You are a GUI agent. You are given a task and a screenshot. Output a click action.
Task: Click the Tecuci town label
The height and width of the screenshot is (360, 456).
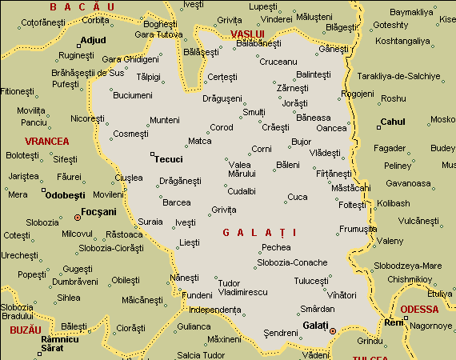[x=169, y=158]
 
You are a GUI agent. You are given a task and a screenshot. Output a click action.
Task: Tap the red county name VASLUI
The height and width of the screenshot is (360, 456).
[x=246, y=34]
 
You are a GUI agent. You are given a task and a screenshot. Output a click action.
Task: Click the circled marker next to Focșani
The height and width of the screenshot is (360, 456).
[x=78, y=217]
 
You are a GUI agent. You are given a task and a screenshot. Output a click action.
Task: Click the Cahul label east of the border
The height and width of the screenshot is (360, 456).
[x=393, y=122]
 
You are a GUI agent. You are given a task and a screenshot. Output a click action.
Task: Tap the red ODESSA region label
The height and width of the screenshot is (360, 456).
[x=419, y=309]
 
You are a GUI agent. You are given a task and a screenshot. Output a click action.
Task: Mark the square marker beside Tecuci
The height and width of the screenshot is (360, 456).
[x=152, y=154]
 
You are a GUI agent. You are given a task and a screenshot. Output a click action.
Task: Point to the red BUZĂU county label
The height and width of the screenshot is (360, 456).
[x=25, y=330]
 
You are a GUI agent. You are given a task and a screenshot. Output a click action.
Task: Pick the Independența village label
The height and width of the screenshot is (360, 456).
[x=214, y=309]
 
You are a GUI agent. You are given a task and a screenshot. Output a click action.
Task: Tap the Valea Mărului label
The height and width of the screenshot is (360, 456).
[x=241, y=169]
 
